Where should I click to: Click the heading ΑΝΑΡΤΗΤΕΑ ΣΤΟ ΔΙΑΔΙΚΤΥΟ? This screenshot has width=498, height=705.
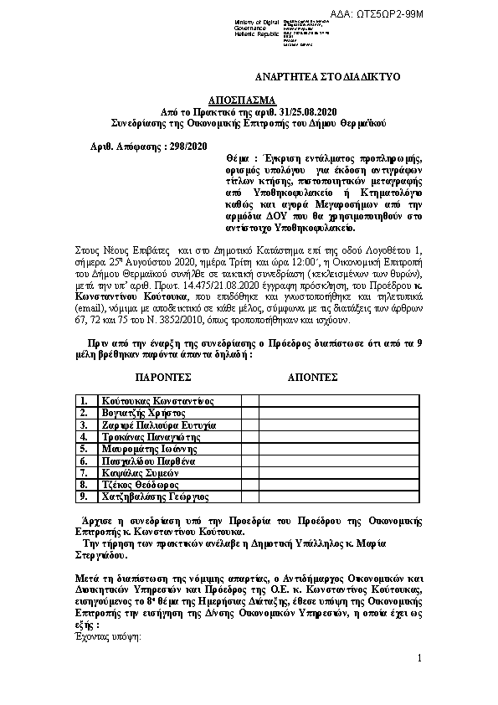(327, 77)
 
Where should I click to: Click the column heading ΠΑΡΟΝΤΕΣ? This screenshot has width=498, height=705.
(164, 378)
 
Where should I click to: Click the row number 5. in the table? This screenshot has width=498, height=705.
(85, 449)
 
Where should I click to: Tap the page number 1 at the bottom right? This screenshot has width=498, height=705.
(418, 661)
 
